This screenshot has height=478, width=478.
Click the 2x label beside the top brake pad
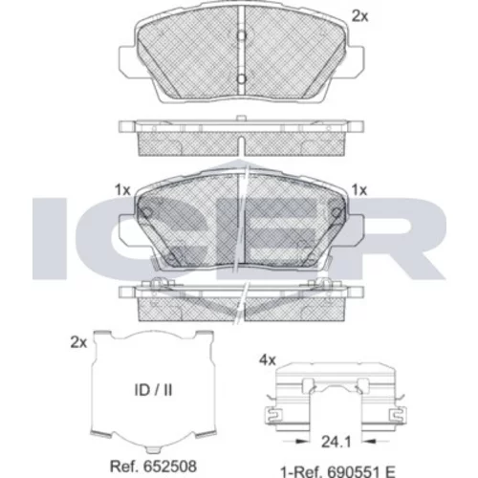click(359, 16)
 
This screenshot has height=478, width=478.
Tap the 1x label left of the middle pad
click(122, 190)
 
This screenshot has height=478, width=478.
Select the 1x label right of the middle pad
click(359, 190)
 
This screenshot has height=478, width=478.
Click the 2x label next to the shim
click(78, 342)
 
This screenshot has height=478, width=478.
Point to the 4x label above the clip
click(268, 360)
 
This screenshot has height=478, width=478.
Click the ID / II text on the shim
click(153, 390)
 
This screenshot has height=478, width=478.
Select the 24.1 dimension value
click(336, 442)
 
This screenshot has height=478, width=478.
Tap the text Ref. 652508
click(153, 467)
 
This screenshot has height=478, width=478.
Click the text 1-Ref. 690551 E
click(337, 471)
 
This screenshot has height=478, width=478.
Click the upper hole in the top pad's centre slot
click(242, 35)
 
